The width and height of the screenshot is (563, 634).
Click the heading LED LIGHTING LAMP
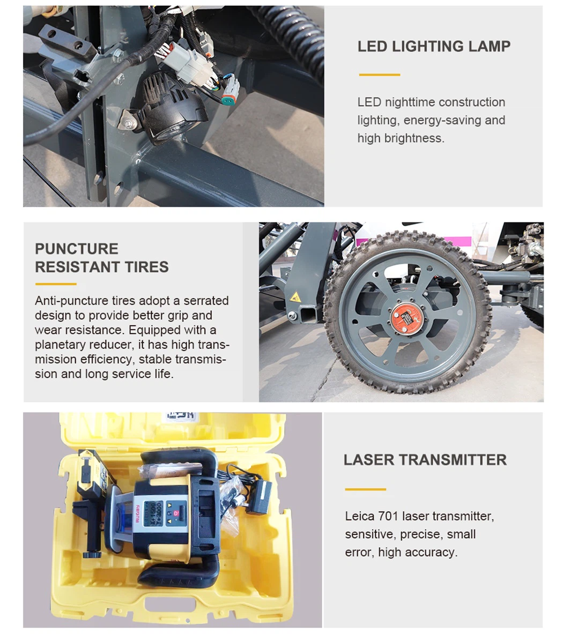pos(434,46)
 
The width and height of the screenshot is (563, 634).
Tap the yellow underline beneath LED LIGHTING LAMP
pos(380,75)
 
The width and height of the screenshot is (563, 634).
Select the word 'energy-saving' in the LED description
pos(440,120)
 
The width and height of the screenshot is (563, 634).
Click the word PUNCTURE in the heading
pos(77,249)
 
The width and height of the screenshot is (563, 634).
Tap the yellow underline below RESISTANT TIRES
pos(56,284)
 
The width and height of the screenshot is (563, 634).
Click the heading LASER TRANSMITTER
pos(425,460)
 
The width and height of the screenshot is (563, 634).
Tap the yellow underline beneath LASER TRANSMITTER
pos(366,489)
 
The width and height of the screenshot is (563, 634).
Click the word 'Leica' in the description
pos(360,516)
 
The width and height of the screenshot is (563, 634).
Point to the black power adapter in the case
pos(260,497)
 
